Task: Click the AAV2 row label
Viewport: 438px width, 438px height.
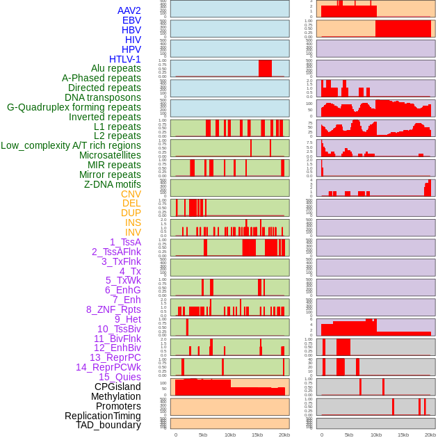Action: pos(129,10)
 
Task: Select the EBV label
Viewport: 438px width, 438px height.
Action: pos(131,20)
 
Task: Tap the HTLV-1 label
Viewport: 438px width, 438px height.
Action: pos(125,59)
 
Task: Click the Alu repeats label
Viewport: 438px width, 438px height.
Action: pos(116,68)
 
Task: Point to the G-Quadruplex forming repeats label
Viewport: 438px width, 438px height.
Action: pos(74,107)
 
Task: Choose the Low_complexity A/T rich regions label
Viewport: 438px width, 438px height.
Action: pos(71,145)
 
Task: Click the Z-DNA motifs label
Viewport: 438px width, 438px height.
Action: pos(113,184)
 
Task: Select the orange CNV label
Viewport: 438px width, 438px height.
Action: pos(131,194)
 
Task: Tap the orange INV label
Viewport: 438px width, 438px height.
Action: pos(133,232)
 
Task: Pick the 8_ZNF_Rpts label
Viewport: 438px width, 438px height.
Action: pos(113,309)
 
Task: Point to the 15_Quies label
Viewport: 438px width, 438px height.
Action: pos(120,377)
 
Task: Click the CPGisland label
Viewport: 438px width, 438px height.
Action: pos(117,387)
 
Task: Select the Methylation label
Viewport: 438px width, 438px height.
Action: pos(115,396)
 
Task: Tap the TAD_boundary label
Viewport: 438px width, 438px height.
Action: pos(108,425)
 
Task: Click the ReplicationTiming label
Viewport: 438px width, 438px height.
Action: pos(103,416)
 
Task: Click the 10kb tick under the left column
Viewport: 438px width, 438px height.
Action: pos(229,435)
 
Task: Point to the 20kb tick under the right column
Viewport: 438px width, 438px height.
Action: pos(430,435)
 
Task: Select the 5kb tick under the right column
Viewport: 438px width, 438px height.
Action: pos(349,435)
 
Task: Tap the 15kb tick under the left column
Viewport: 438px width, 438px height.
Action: pos(257,435)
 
